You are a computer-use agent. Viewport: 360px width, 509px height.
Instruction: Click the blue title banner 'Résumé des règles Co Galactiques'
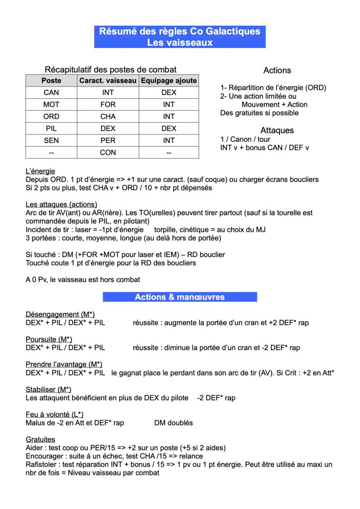(x=180, y=31)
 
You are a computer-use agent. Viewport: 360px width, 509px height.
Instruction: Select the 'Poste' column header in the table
(x=51, y=81)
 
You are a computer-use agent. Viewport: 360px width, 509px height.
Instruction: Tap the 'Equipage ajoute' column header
(x=169, y=81)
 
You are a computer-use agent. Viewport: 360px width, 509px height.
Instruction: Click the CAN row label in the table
(x=51, y=92)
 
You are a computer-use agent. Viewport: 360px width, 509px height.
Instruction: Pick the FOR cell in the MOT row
(x=108, y=104)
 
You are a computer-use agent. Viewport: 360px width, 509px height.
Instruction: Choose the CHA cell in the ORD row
(x=108, y=117)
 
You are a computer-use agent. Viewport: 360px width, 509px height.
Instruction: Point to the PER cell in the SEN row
(x=108, y=140)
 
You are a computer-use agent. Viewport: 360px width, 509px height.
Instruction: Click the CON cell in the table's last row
(x=108, y=152)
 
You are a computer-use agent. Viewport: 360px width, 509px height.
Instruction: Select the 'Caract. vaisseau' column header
(x=108, y=81)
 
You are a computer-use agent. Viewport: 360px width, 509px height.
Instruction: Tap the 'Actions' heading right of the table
(x=277, y=70)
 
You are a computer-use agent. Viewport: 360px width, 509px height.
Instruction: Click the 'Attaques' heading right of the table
(x=277, y=131)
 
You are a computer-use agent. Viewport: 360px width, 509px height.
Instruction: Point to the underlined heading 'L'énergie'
(x=40, y=171)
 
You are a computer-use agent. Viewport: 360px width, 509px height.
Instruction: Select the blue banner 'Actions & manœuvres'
(x=180, y=297)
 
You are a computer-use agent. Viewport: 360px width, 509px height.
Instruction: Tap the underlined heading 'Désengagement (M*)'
(x=60, y=314)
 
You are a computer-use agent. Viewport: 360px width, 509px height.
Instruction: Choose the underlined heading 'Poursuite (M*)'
(x=49, y=339)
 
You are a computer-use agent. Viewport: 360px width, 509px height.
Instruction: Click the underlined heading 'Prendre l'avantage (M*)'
(x=64, y=364)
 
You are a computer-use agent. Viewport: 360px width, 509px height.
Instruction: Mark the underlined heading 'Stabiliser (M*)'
(x=48, y=389)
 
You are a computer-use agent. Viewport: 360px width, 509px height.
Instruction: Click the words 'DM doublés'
(x=174, y=423)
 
